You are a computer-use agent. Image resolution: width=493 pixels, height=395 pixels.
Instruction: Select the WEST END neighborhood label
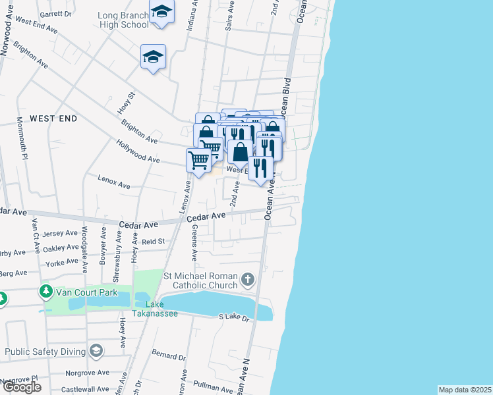point(53,118)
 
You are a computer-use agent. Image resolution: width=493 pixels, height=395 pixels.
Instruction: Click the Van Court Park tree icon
point(46,290)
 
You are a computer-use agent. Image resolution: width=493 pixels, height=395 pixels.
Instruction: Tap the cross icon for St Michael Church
point(248,280)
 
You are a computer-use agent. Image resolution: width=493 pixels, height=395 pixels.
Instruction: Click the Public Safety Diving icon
point(96,350)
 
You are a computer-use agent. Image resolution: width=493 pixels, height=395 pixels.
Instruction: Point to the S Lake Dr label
point(235,318)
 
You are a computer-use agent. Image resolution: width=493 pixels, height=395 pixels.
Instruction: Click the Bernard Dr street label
point(169,356)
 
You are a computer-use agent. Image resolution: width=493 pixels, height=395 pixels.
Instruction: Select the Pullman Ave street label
point(214,386)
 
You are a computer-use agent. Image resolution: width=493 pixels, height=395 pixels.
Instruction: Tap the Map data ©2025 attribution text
point(465,390)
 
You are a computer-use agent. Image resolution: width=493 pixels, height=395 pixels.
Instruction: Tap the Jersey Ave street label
point(60,234)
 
